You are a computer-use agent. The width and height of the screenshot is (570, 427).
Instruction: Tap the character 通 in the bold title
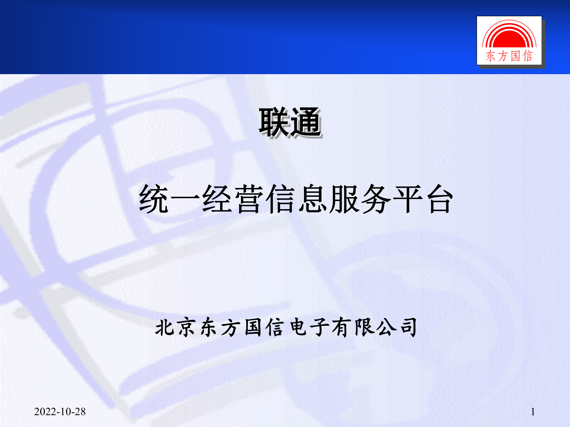[x=306, y=122]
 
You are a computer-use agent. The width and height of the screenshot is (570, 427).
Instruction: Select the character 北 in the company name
[x=165, y=327]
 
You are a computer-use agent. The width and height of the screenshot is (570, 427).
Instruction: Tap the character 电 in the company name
[x=298, y=327]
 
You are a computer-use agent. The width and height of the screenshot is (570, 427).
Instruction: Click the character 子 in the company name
[x=320, y=327]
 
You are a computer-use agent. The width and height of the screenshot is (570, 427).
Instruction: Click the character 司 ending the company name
[x=408, y=327]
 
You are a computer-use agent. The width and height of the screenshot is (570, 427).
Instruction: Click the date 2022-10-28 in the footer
[x=60, y=412]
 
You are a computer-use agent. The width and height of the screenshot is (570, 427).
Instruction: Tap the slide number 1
[x=533, y=412]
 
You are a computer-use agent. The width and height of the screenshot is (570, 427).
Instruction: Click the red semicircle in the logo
[x=509, y=39]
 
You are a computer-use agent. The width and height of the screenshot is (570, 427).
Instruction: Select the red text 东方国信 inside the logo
[x=509, y=56]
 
